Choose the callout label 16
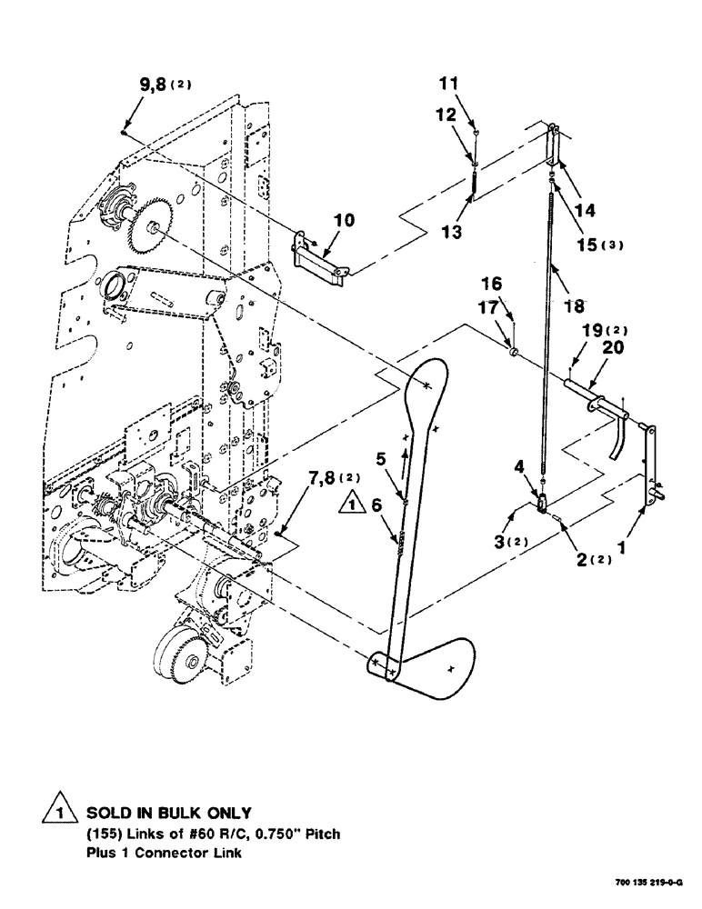point(516,285)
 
